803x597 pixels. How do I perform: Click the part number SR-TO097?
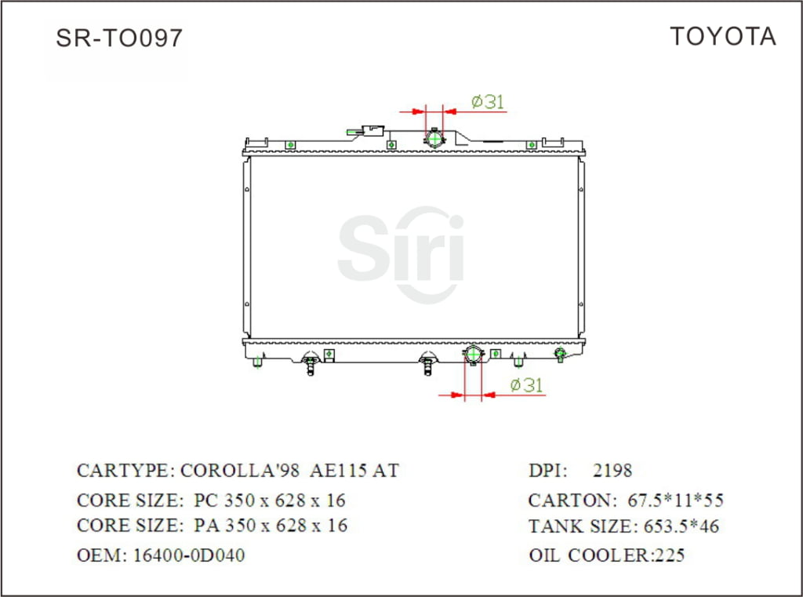(x=119, y=38)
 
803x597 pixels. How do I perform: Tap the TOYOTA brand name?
(x=722, y=36)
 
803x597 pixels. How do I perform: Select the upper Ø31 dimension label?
(x=487, y=101)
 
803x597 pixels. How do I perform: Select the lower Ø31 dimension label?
(x=526, y=385)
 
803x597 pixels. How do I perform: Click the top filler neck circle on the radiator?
(x=434, y=140)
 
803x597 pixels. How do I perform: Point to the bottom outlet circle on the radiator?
(x=473, y=355)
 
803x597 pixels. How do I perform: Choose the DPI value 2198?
(x=612, y=471)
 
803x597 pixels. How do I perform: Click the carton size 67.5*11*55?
(x=676, y=501)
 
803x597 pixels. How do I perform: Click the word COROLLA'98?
(x=239, y=471)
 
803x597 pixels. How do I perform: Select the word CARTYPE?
(x=124, y=471)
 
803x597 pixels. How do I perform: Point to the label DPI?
(x=547, y=471)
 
